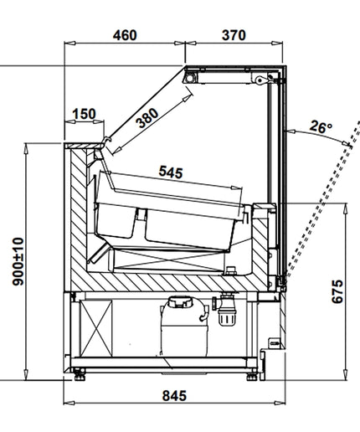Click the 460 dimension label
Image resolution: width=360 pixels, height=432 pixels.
click(125, 35)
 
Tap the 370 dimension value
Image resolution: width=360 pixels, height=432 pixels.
click(234, 35)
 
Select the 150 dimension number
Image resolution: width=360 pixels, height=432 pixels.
click(84, 114)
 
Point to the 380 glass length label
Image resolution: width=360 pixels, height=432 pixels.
click(148, 118)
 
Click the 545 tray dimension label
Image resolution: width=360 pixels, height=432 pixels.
click(171, 172)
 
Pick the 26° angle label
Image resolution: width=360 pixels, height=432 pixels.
click(321, 126)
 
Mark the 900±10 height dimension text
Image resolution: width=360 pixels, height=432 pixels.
click(18, 261)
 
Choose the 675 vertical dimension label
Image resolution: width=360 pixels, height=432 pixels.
click(337, 291)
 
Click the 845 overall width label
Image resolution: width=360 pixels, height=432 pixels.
click(174, 396)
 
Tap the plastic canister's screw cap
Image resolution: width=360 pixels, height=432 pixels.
click(181, 302)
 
